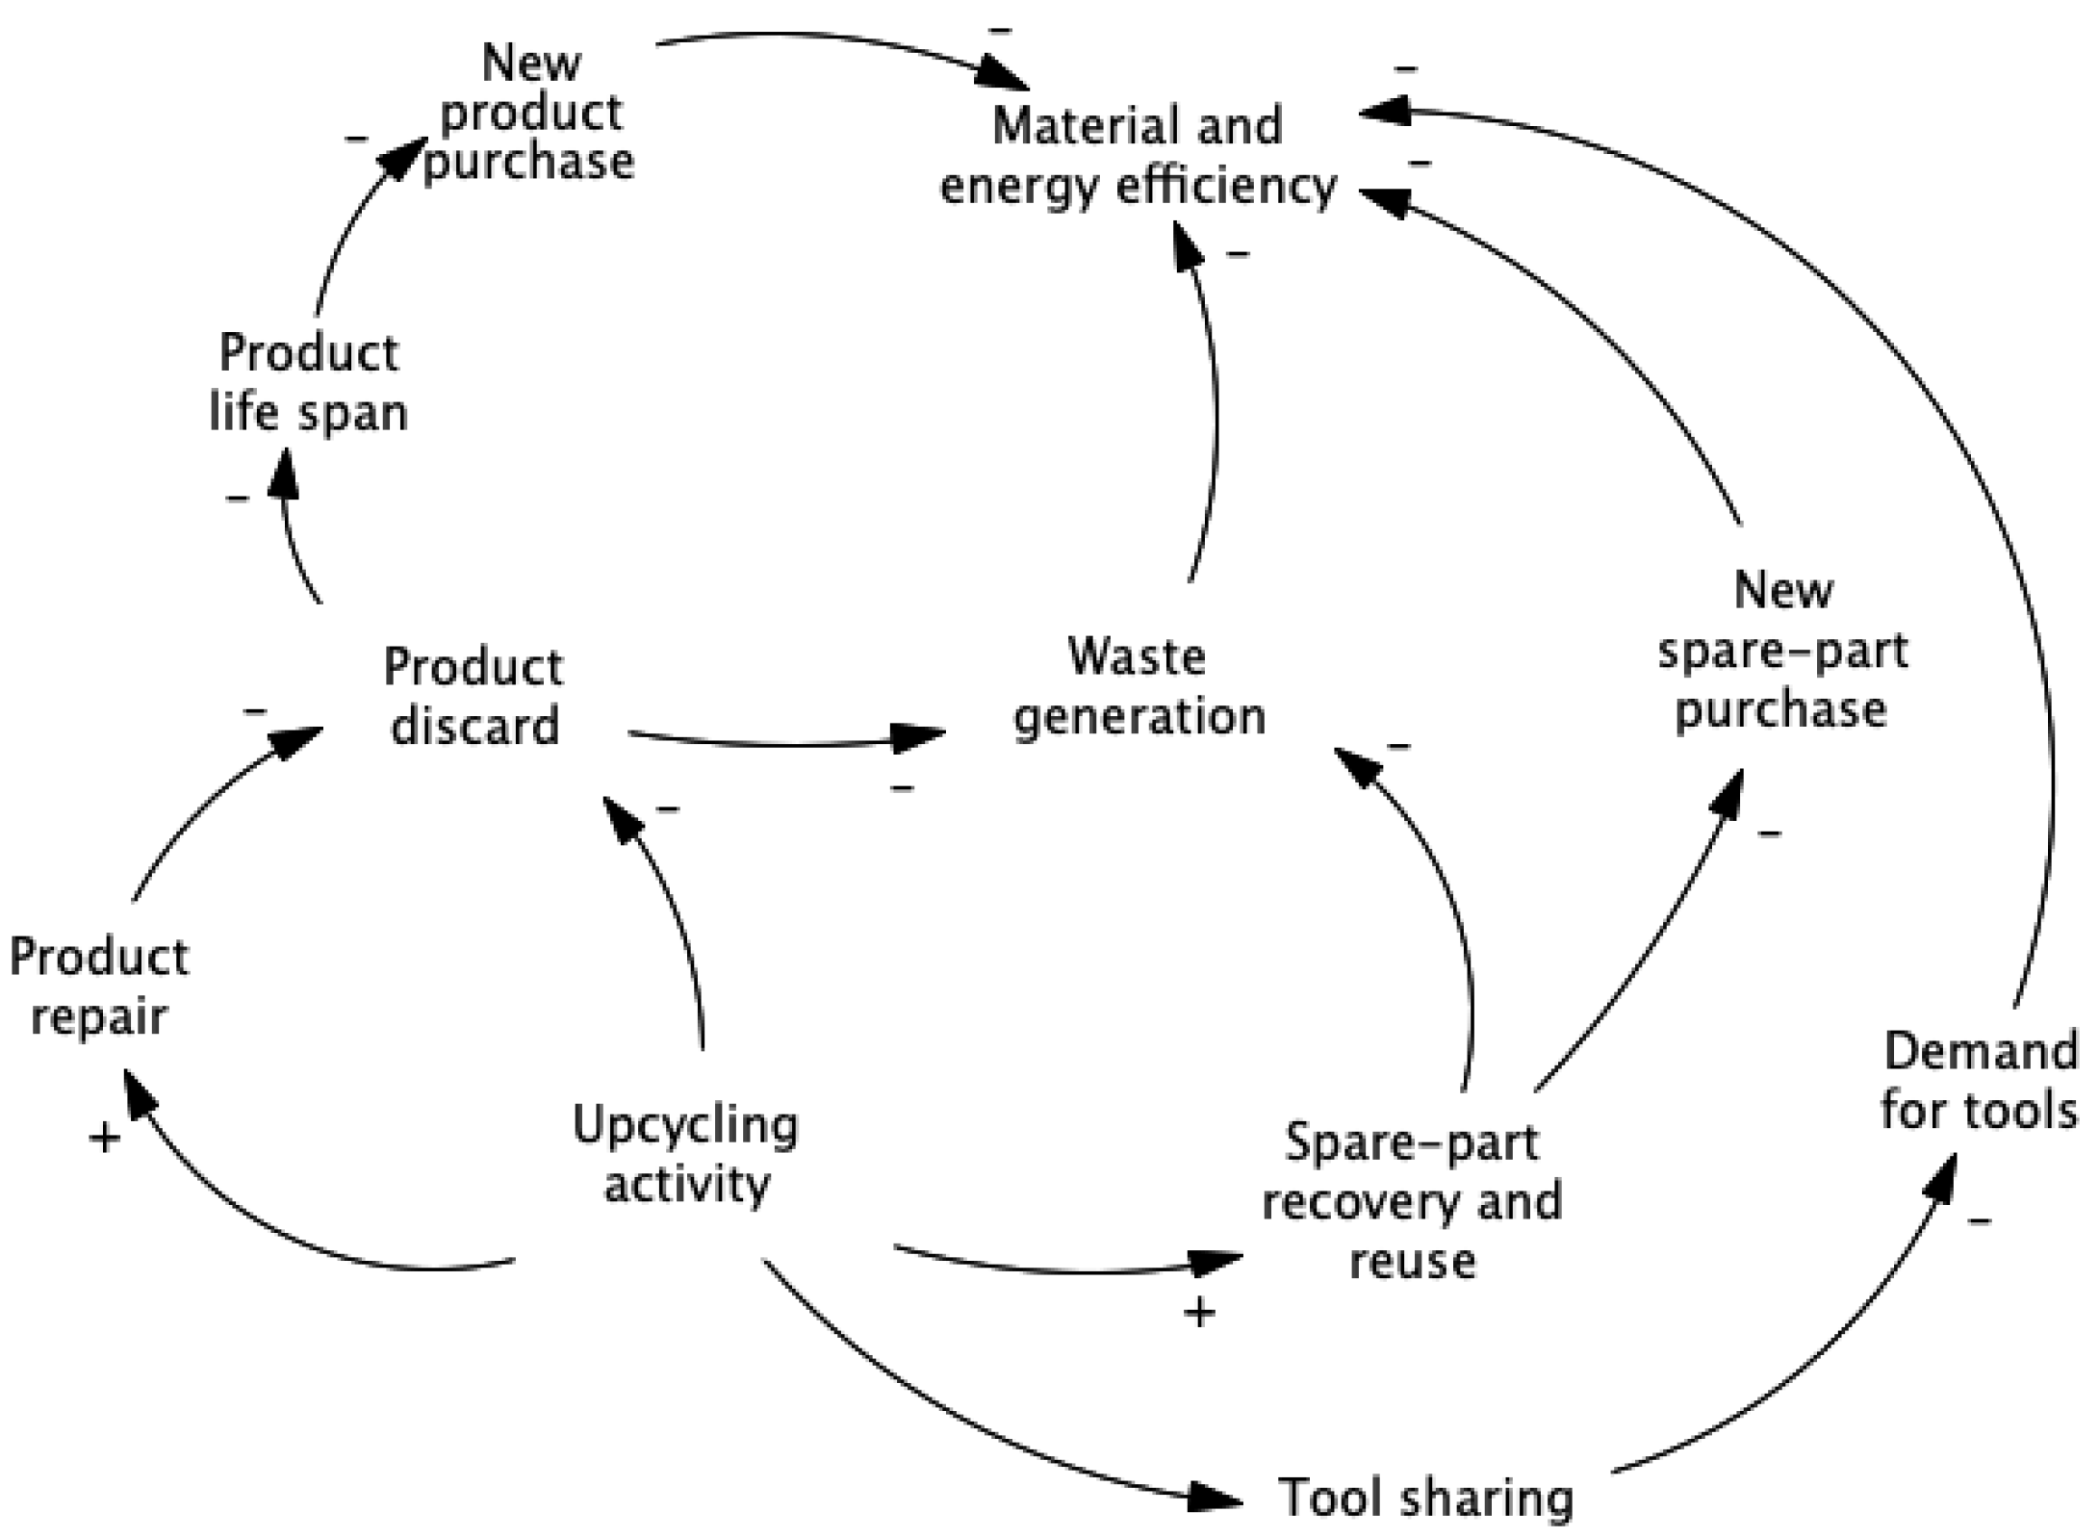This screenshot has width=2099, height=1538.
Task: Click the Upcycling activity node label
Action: tap(685, 1154)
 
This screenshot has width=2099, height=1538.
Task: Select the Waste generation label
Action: tap(1139, 687)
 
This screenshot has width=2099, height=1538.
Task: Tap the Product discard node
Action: tap(474, 696)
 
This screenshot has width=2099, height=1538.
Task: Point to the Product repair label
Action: tap(99, 987)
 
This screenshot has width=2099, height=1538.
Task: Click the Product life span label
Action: tap(308, 382)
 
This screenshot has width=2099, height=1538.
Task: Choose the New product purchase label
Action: tap(530, 113)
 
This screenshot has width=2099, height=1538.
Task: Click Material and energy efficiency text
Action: tap(1138, 155)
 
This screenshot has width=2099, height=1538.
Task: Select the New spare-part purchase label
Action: tap(1781, 651)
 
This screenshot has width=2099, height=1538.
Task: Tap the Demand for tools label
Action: tap(1979, 1081)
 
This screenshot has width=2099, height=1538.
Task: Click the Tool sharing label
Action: tap(1425, 1498)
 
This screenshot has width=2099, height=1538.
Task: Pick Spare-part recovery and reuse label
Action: tap(1412, 1201)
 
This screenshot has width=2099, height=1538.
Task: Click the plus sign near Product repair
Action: tap(105, 1139)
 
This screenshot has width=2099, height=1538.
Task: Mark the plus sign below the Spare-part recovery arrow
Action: tap(1199, 1312)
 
